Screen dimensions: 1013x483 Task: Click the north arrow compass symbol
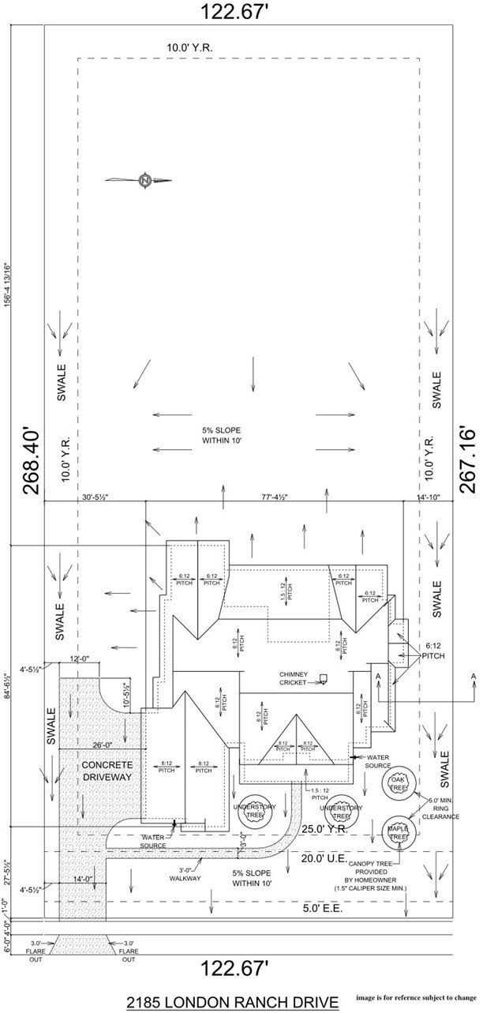(145, 180)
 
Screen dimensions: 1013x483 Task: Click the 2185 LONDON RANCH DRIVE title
(232, 1002)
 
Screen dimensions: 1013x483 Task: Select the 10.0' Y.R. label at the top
(189, 47)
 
